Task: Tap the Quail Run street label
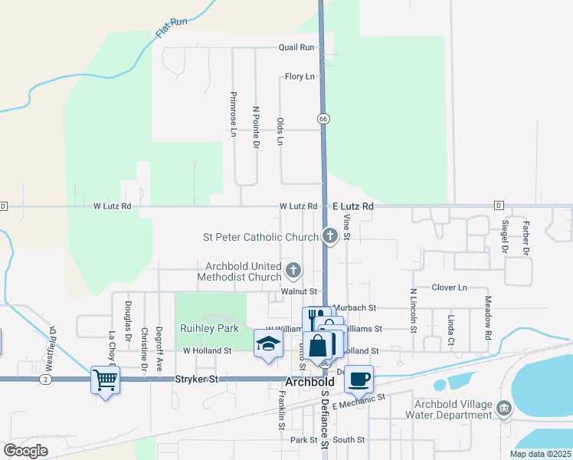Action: (x=296, y=48)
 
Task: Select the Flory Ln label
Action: (x=300, y=77)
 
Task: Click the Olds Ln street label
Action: (x=280, y=132)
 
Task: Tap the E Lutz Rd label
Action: (x=353, y=206)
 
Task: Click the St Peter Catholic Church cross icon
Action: (x=330, y=236)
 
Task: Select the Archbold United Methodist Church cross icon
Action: (x=293, y=270)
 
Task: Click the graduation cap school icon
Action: (x=267, y=344)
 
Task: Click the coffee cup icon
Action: (x=359, y=377)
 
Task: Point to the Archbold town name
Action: (x=311, y=381)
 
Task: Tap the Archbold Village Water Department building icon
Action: (x=504, y=407)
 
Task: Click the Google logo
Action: (x=25, y=450)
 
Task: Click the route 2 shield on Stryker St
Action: (x=47, y=379)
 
